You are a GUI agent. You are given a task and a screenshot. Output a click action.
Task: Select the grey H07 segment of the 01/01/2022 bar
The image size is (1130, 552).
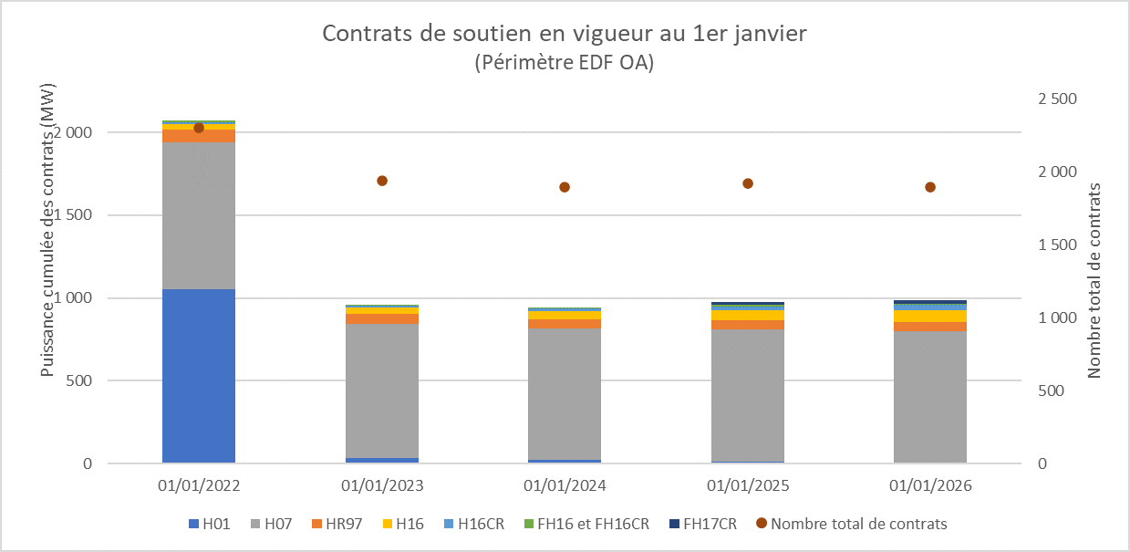(x=199, y=215)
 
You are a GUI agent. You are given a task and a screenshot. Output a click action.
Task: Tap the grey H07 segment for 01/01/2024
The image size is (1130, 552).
(x=565, y=393)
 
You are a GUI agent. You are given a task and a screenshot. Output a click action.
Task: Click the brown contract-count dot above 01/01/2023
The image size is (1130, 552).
(x=382, y=181)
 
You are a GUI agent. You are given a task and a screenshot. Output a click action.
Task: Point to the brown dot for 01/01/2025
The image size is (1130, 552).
(x=748, y=183)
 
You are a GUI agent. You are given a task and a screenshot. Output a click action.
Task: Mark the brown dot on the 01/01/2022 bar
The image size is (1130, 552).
(x=199, y=128)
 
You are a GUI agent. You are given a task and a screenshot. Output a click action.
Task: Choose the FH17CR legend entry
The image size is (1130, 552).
(x=709, y=524)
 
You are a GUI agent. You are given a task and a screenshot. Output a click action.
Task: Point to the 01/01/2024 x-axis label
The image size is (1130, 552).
(x=565, y=485)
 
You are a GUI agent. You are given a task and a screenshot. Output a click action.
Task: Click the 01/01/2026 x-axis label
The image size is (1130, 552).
(x=930, y=485)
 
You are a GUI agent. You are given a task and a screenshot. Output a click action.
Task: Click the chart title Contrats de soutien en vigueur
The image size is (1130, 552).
(x=565, y=35)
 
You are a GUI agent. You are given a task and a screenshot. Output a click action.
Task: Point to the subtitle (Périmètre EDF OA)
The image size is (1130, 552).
(x=565, y=63)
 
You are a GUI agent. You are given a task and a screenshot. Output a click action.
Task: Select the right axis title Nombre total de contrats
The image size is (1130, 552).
(x=1094, y=280)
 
